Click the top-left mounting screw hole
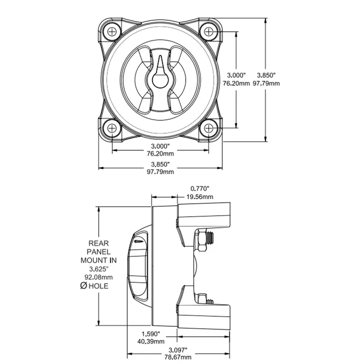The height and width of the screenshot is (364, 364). [112, 31]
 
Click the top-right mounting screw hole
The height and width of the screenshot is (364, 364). [209, 31]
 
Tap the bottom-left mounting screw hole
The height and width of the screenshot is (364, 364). [112, 128]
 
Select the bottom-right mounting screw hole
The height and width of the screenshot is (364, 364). [209, 128]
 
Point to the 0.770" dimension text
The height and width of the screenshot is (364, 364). [199, 189]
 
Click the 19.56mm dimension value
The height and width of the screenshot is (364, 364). [199, 197]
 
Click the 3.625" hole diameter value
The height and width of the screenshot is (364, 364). [99, 269]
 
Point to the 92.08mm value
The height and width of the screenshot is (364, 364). [99, 277]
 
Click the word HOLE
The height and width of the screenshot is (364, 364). [99, 286]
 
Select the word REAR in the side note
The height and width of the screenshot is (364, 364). [99, 243]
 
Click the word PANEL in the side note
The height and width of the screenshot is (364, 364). [99, 252]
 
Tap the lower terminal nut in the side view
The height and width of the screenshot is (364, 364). [201, 299]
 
